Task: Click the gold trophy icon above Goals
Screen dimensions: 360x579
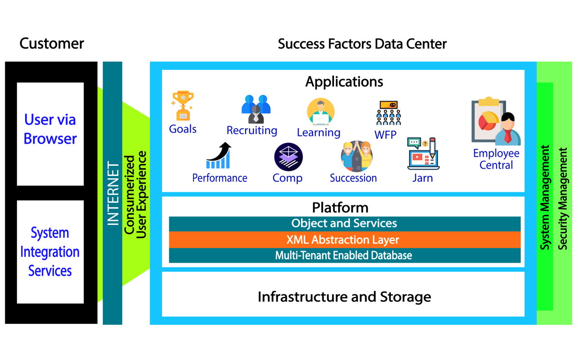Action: point(182,106)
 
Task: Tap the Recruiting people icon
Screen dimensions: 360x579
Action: point(255,109)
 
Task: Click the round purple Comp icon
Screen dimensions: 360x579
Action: point(288,157)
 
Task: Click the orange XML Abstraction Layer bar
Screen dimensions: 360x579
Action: point(344,240)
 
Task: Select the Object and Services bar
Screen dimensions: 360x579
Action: point(344,224)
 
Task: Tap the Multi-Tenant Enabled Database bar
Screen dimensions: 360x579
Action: point(344,255)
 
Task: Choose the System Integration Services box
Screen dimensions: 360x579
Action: point(50,252)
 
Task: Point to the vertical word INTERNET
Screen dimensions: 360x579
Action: point(112,194)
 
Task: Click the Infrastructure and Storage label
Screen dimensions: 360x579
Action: point(344,296)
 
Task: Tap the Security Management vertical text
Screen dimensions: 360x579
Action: point(563,199)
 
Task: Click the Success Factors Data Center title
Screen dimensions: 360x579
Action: point(362,44)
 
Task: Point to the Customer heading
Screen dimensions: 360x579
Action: point(52,44)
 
